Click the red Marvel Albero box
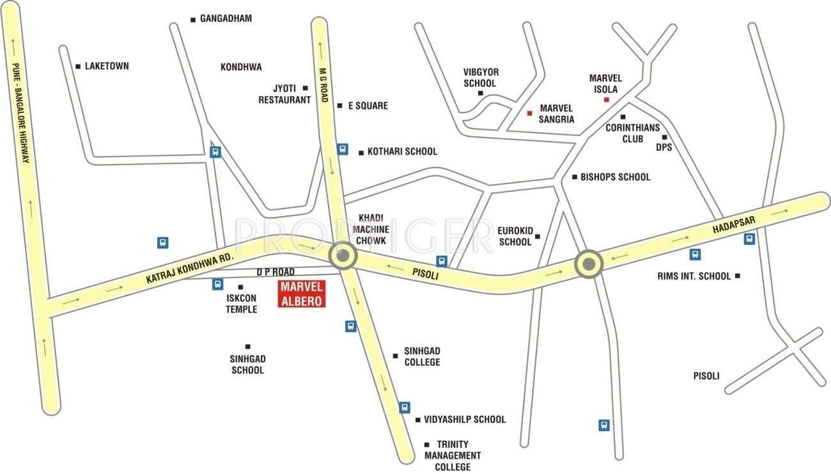302,294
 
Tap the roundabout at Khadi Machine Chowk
343,257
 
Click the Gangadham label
226,19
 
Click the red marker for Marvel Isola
606,100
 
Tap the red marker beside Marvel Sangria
529,113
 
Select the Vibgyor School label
479,78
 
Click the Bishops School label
615,177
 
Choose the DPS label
664,147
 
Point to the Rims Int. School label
694,276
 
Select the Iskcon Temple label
241,304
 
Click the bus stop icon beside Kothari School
343,149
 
